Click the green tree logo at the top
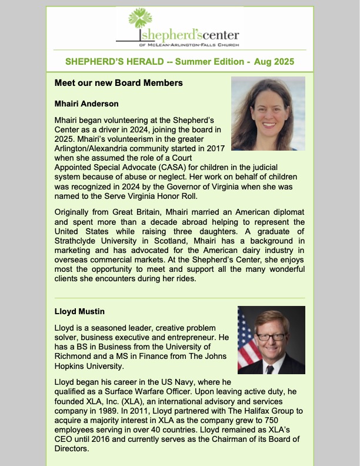coord(142,22)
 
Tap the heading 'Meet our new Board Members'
coord(118,83)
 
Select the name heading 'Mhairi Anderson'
coord(86,104)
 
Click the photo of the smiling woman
coord(268,114)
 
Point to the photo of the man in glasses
coord(271,340)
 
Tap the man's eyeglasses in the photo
coord(271,337)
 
